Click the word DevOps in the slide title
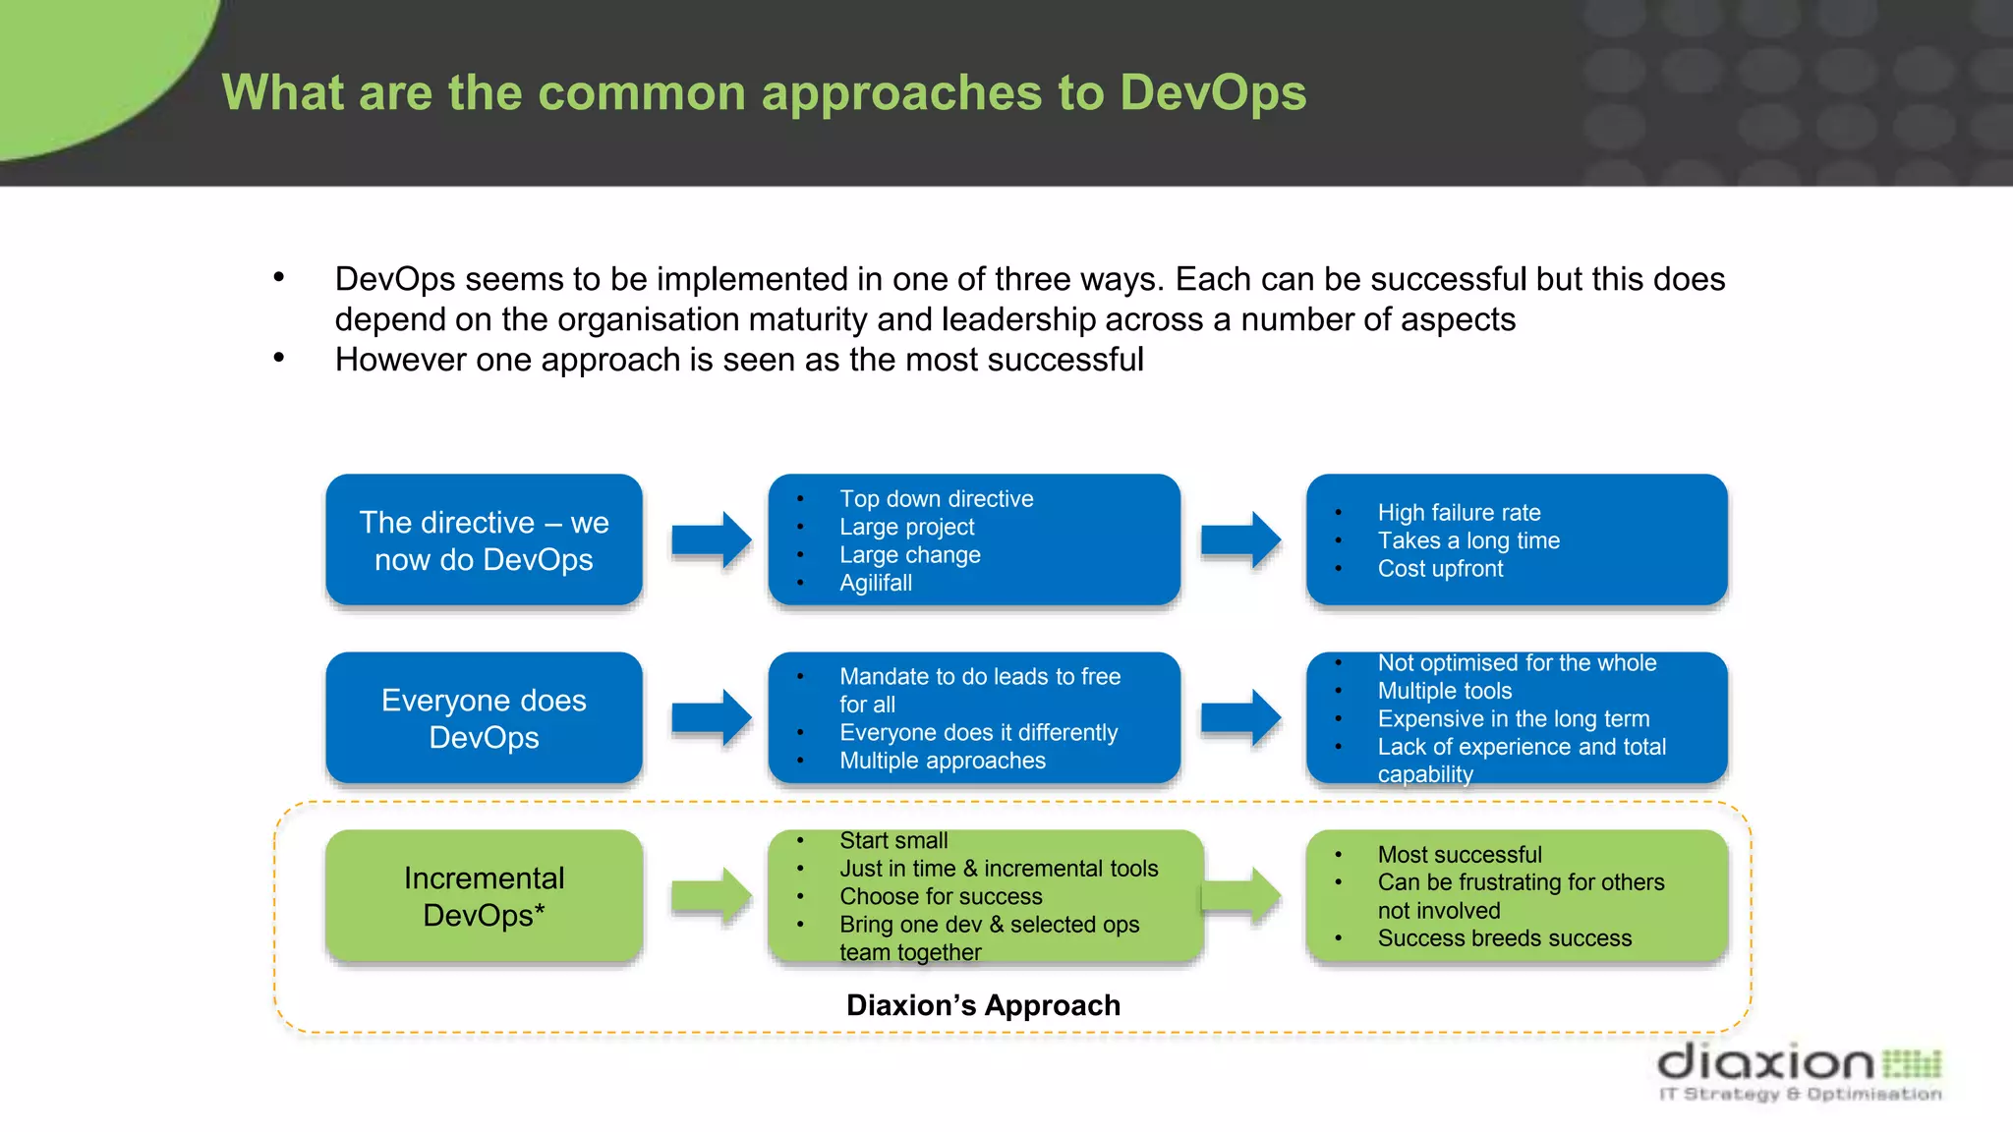click(1212, 93)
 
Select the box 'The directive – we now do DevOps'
click(484, 540)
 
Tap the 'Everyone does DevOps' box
click(484, 718)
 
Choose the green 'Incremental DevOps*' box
click(484, 896)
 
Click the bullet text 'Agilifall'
click(875, 583)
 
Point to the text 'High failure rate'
click(1459, 513)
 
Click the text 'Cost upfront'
click(1440, 569)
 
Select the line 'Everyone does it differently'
click(978, 733)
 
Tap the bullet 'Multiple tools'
click(1444, 691)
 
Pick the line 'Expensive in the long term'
click(1513, 719)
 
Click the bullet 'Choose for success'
click(941, 897)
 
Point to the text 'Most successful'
click(1459, 855)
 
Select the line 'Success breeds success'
click(1504, 938)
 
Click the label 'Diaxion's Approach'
click(983, 1005)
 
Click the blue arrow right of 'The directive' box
click(711, 539)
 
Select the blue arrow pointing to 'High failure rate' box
click(1240, 539)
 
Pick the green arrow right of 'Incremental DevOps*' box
click(711, 896)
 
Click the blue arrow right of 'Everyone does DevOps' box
click(711, 717)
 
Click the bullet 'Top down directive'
click(936, 499)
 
